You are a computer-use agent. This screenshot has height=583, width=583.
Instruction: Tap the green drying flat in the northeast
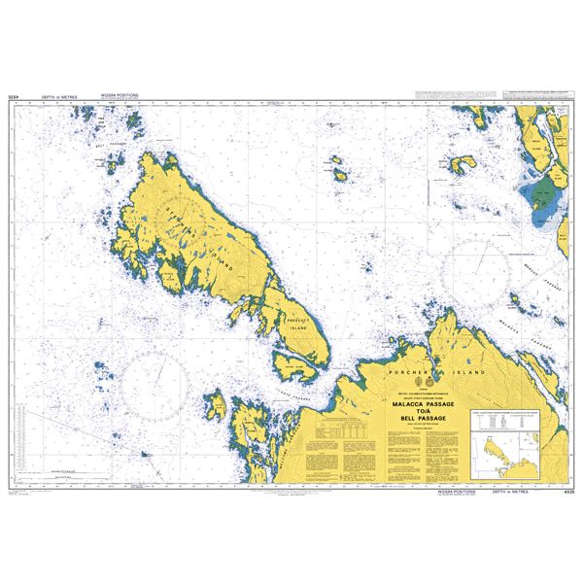(540, 194)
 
